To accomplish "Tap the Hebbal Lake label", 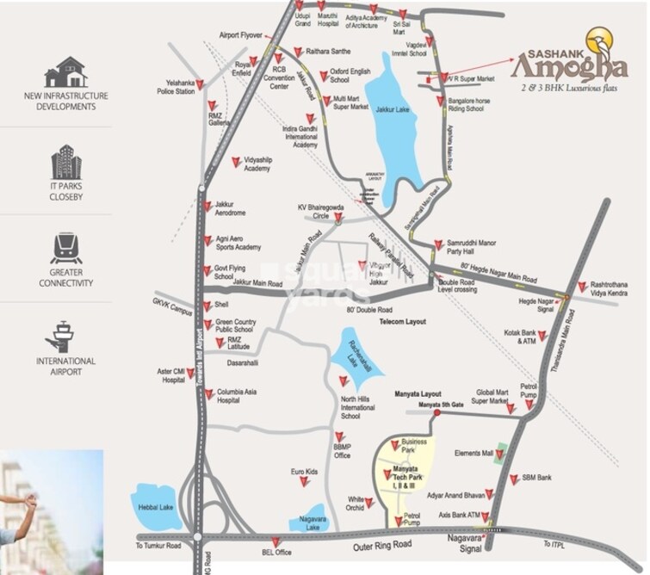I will tap(157, 507).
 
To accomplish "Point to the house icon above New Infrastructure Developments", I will tap(65, 71).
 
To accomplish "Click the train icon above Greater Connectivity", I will tap(65, 248).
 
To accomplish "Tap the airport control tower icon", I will tap(65, 336).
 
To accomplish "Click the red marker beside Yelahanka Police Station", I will tap(200, 84).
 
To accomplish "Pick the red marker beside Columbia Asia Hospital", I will tap(205, 393).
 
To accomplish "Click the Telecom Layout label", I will tap(404, 320).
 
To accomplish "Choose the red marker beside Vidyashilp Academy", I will tap(237, 161).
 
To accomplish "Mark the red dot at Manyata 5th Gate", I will tap(437, 413).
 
